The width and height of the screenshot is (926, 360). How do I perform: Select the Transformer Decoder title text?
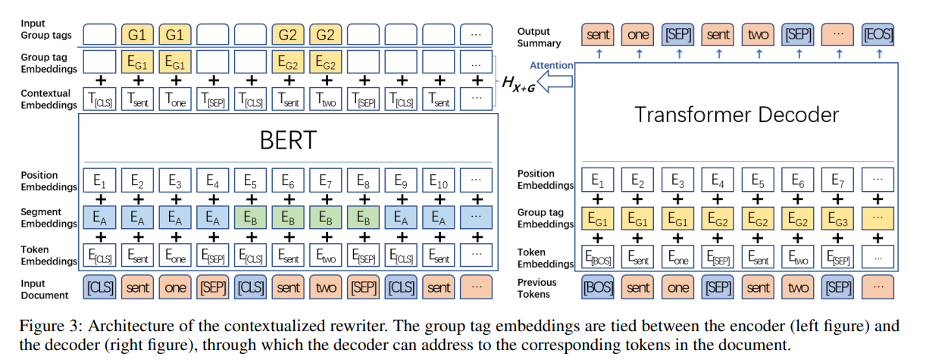pyautogui.click(x=737, y=114)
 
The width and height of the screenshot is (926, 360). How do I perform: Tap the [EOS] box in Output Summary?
pyautogui.click(x=878, y=34)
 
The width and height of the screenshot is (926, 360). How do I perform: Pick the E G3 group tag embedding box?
pyautogui.click(x=837, y=219)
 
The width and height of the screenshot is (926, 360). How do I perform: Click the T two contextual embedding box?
pyautogui.click(x=326, y=99)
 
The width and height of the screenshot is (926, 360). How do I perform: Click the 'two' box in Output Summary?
pyautogui.click(x=758, y=34)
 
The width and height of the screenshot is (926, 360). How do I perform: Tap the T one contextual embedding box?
pyautogui.click(x=175, y=99)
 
